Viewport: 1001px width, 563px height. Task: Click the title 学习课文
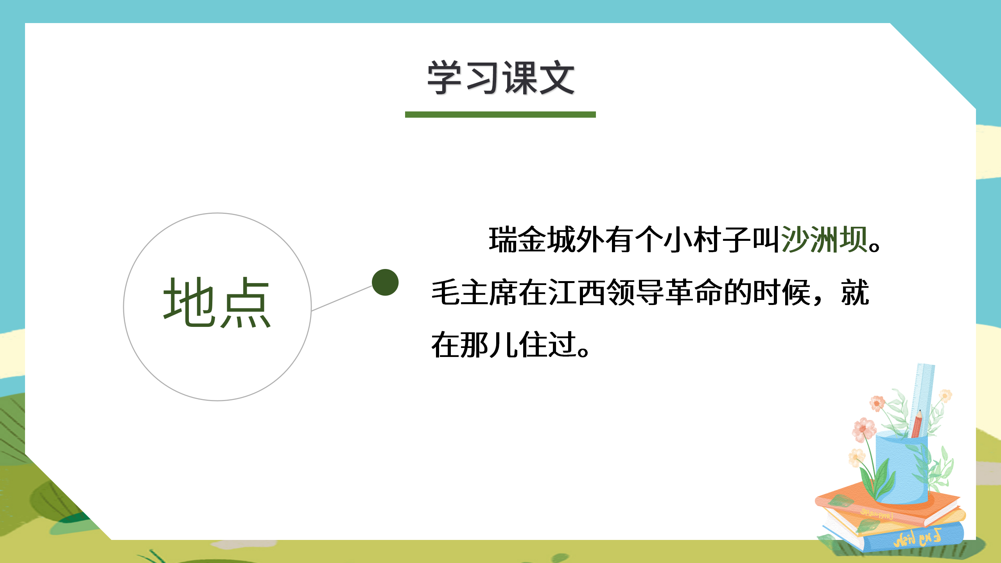[x=500, y=78]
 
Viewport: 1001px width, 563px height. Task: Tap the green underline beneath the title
[x=500, y=115]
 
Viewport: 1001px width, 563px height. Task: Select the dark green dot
[x=385, y=282]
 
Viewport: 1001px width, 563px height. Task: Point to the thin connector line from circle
[x=341, y=298]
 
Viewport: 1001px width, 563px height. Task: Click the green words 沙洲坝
[x=824, y=240]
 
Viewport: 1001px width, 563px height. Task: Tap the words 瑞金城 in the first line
[x=532, y=240]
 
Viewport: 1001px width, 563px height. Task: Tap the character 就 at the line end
[x=855, y=292]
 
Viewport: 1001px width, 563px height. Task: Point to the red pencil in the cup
[x=917, y=424]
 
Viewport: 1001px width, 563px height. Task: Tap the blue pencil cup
[x=901, y=469]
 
